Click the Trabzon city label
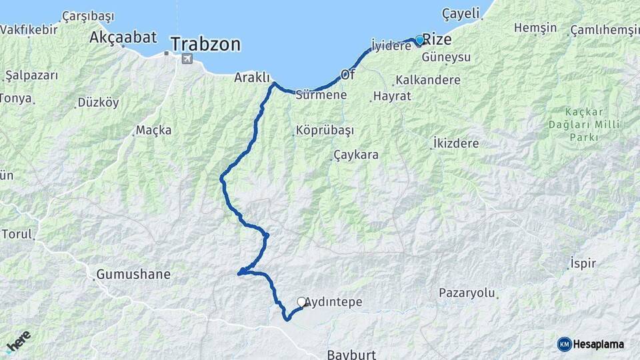click(205, 45)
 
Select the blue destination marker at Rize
click(419, 40)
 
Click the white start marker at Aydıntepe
click(301, 302)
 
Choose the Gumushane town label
click(133, 274)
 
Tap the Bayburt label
click(351, 353)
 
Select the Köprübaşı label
click(325, 130)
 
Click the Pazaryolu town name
click(467, 293)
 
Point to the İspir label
click(583, 263)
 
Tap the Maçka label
click(153, 130)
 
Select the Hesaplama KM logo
click(591, 344)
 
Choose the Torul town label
click(17, 235)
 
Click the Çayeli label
click(460, 14)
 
